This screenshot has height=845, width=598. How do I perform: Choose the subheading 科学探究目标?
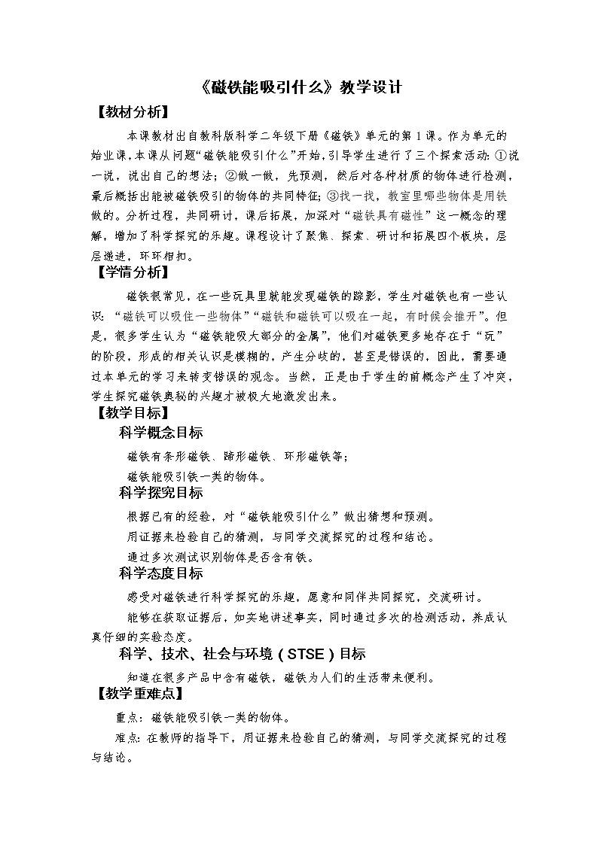point(160,493)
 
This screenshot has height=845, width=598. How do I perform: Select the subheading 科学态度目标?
point(160,573)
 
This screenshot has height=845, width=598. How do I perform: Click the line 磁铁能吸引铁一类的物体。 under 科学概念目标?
point(197,476)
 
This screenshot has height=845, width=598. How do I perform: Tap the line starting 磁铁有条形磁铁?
point(238,456)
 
